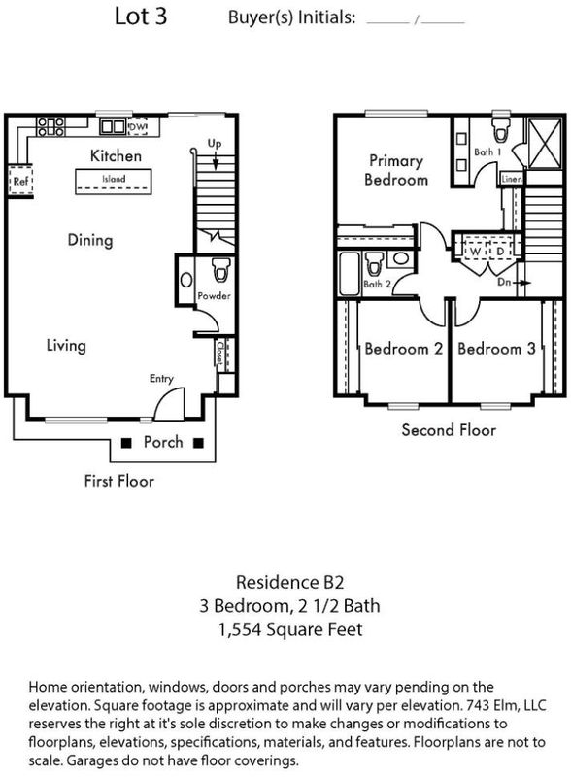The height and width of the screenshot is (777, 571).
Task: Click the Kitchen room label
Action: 116,155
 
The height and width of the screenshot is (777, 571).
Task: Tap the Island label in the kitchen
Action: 114,179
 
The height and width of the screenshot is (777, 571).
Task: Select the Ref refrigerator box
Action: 20,181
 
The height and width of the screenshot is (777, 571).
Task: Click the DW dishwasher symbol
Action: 137,126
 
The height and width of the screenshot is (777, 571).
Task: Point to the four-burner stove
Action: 51,126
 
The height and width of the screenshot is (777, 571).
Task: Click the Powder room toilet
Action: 219,270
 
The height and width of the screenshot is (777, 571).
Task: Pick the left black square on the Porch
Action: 127,443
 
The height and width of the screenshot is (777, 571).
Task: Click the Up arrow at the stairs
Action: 216,161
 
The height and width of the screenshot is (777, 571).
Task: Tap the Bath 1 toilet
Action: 500,130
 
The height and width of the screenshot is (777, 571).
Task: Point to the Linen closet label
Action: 511,179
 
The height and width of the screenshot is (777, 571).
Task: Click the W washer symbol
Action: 475,252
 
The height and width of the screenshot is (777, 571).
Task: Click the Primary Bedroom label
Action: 396,170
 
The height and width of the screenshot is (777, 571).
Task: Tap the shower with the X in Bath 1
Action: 545,143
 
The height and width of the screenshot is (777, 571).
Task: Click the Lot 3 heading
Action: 141,17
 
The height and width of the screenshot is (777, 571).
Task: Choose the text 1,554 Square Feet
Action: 290,629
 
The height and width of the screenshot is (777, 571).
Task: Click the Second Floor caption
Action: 449,429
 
